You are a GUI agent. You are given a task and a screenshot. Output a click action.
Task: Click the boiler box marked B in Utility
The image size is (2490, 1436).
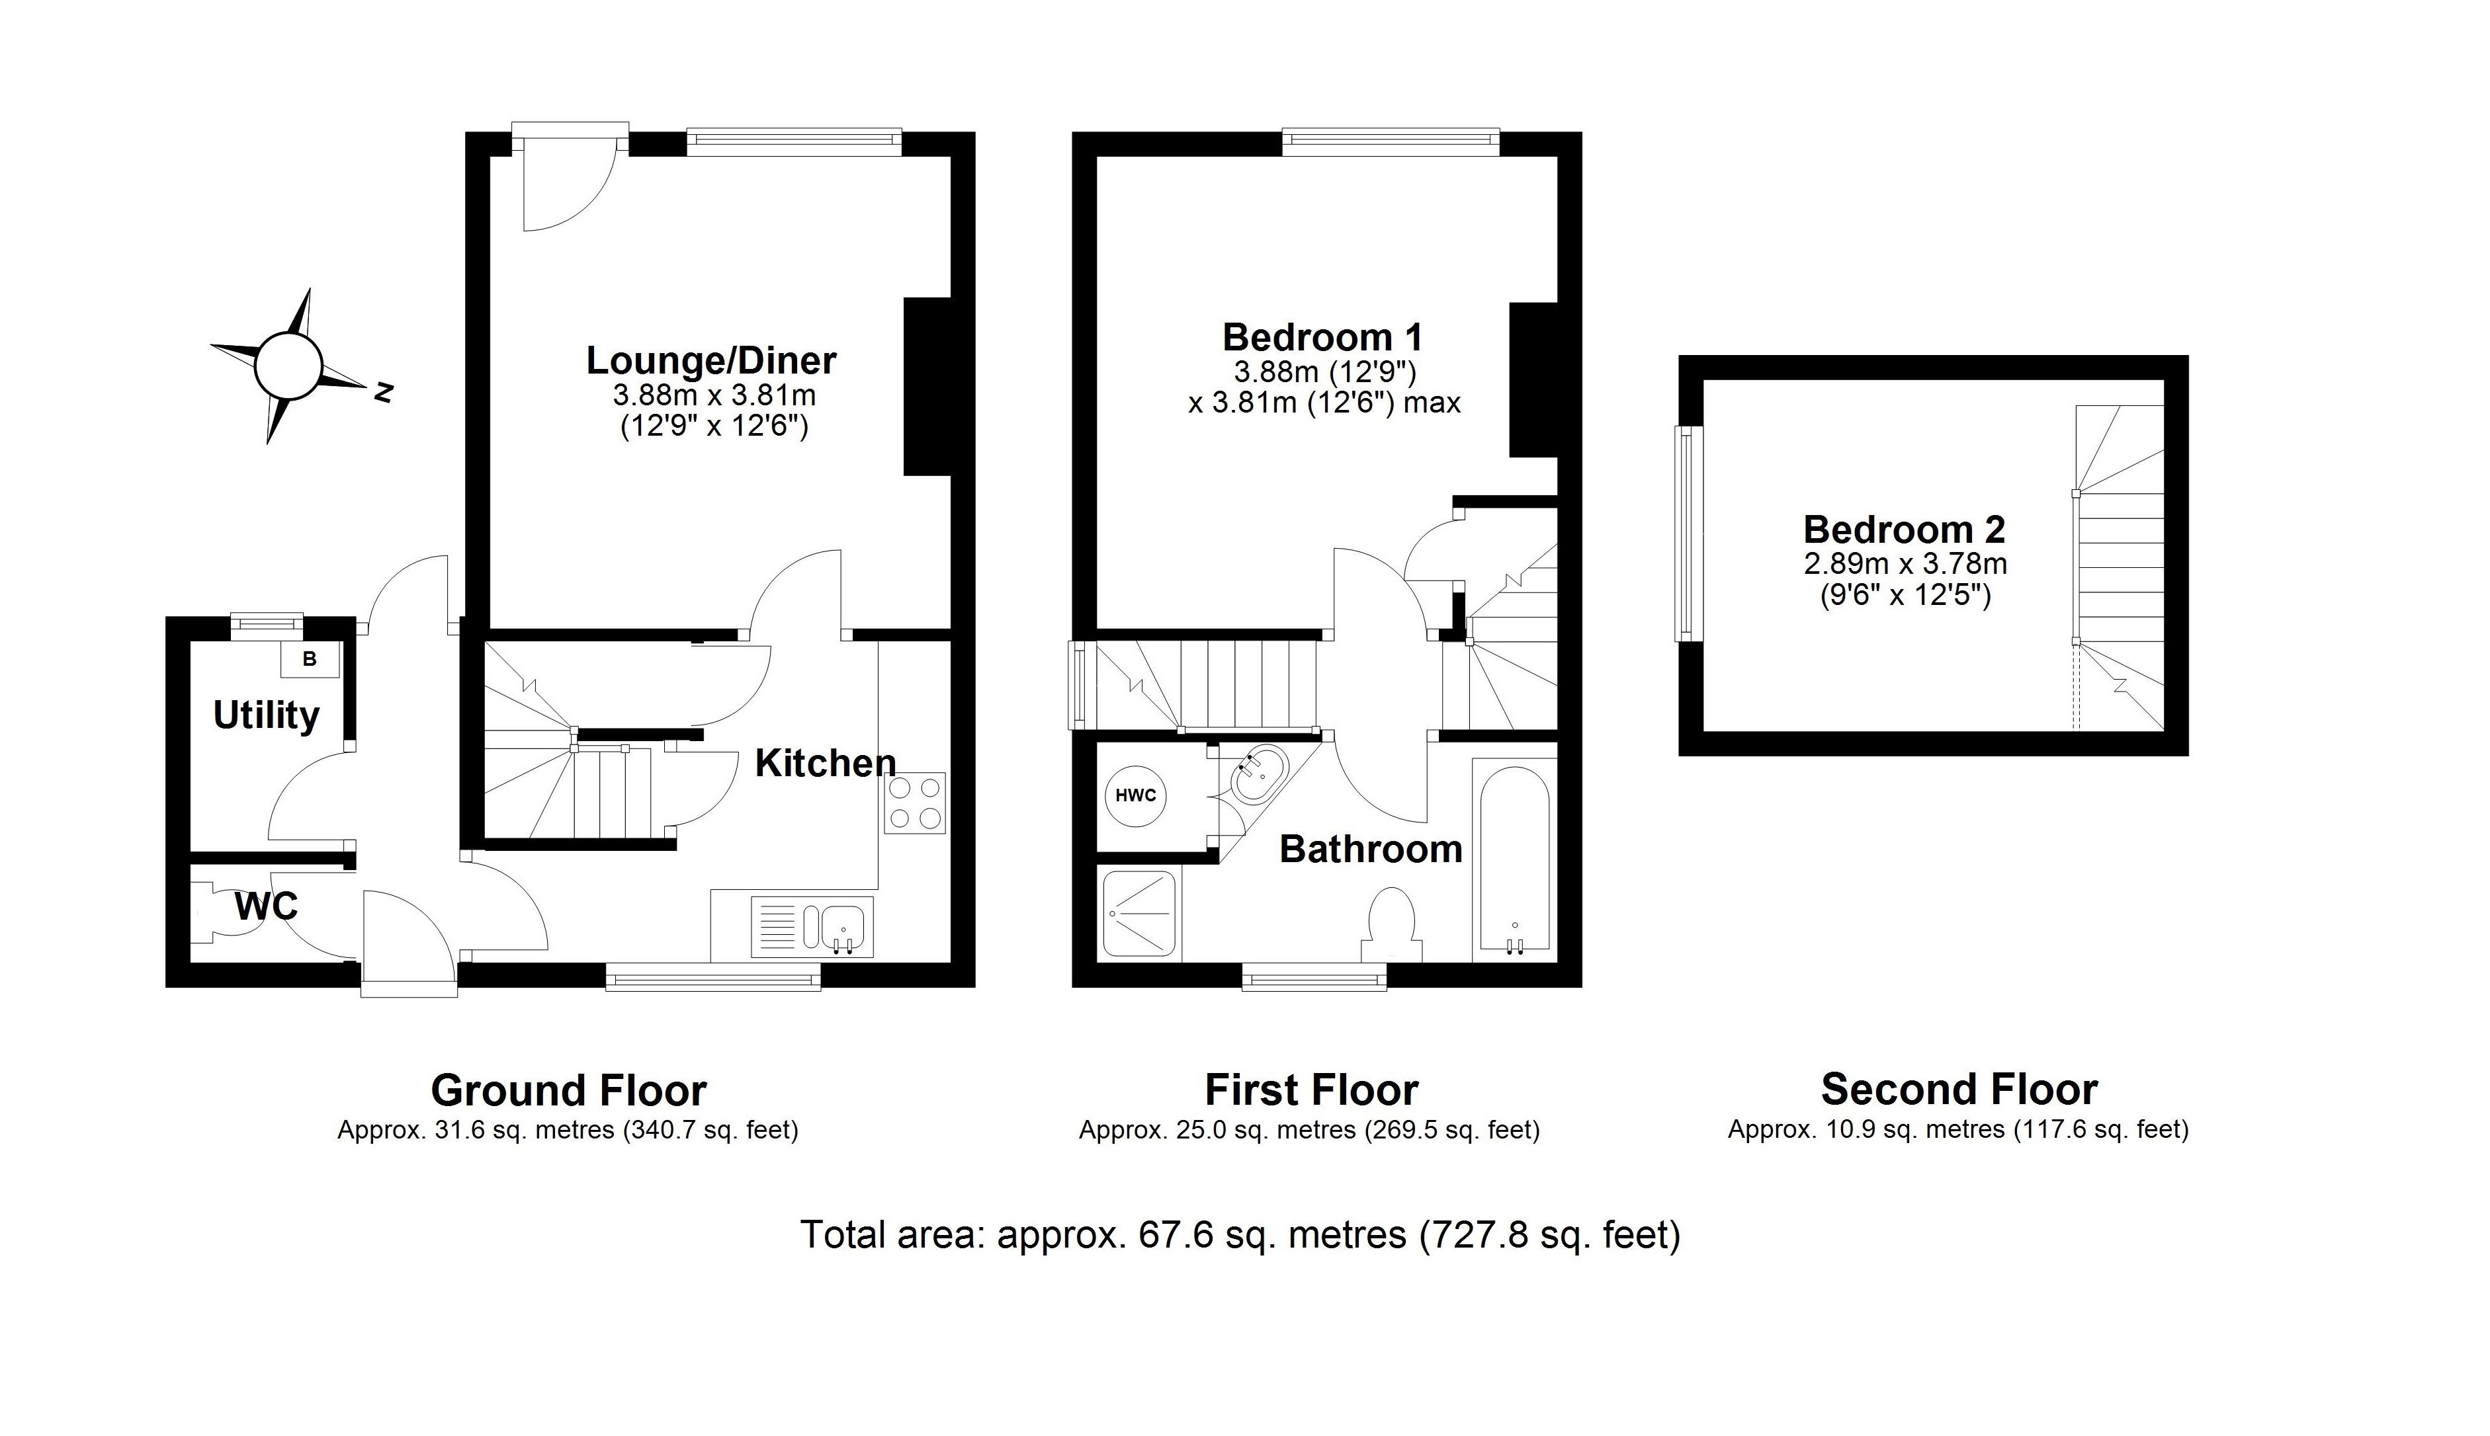click(309, 658)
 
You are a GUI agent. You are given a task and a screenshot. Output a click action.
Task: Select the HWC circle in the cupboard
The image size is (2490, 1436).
click(1135, 795)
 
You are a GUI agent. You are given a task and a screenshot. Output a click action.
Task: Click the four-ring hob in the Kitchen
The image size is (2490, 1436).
click(914, 803)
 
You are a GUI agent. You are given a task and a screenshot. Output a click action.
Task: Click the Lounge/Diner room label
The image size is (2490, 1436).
click(710, 360)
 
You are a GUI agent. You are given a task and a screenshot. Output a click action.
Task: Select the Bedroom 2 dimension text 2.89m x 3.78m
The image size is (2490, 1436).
click(1904, 564)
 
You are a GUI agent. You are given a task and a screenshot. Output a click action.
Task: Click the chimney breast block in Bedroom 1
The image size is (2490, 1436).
click(1532, 379)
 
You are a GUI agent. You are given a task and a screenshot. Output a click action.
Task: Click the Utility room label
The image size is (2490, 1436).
click(267, 715)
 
